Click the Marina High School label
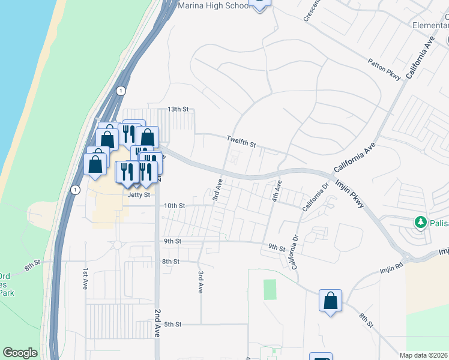pos(214,5)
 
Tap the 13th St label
pos(178,109)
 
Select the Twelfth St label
pos(241,142)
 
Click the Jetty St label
pos(138,194)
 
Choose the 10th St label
pos(175,205)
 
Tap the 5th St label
pos(173,324)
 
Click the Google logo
pos(20,353)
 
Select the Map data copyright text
pos(424,355)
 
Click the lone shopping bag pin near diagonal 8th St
pos(330,300)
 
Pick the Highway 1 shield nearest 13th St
pos(121,91)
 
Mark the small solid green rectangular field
pos(270,290)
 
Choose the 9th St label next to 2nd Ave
pos(172,241)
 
